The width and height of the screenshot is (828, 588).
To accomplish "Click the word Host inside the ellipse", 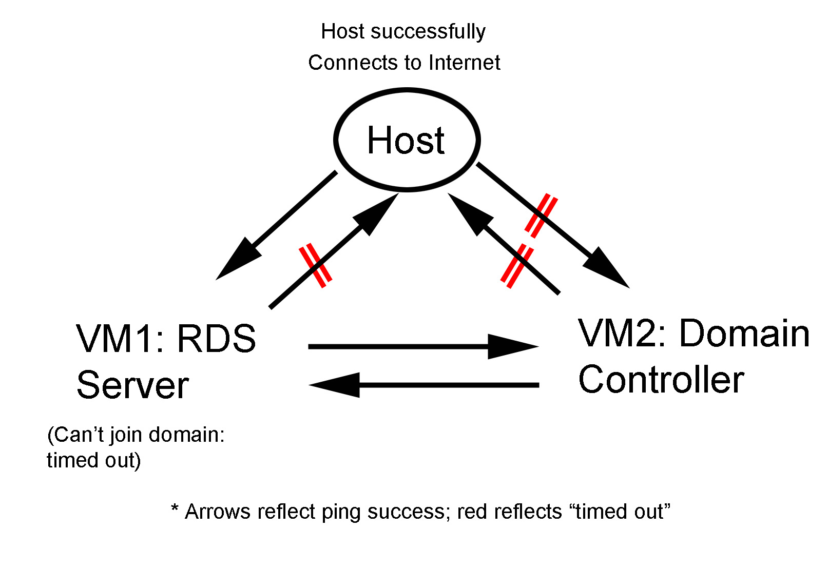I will coord(406,140).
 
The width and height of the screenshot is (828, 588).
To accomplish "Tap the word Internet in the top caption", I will coord(465,63).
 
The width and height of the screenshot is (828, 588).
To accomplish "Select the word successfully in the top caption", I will coord(428,31).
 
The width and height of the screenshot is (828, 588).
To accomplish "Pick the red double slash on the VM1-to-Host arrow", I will coord(315,265).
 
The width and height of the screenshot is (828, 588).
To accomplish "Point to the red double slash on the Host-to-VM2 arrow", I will coord(541,215).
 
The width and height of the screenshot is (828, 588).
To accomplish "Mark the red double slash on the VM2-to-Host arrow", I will coord(517,266).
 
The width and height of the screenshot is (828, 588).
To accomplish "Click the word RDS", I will coord(216,339).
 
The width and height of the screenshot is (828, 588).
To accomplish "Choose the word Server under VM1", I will coord(132,385).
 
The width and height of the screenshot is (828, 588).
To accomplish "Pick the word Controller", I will coord(661,380).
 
